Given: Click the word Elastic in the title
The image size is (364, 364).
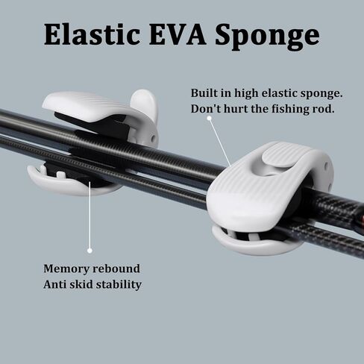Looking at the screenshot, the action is tap(92, 34).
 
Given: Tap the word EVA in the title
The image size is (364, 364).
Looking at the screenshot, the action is tap(178, 35).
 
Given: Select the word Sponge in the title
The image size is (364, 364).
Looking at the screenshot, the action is tap(267, 37).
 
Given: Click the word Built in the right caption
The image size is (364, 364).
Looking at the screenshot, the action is tap(203, 93).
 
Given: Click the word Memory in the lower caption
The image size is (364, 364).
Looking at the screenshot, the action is tap(66, 269).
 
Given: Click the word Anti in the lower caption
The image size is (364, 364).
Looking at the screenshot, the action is tap(55, 284).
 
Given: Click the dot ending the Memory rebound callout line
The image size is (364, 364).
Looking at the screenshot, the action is tap(90, 251).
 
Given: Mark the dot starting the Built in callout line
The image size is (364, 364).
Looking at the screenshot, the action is tap(210, 118).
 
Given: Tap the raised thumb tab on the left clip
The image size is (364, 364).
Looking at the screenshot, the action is tap(145, 106).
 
